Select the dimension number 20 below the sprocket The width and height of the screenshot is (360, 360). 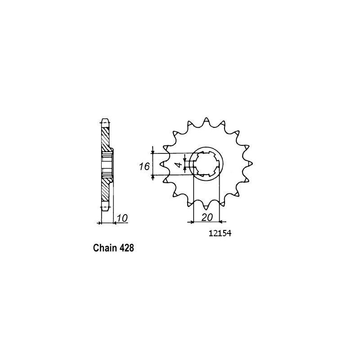click(x=207, y=217)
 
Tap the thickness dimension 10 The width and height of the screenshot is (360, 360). click(x=123, y=219)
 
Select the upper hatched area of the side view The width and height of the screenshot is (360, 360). click(x=105, y=140)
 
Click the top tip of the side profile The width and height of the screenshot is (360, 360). click(x=104, y=120)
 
